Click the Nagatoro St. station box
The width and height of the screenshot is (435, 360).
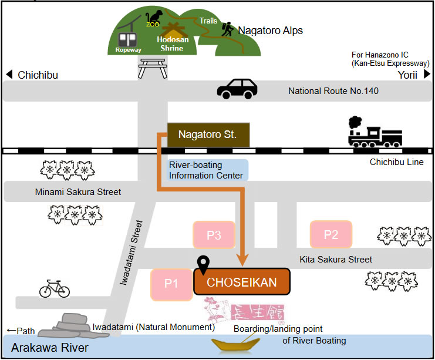[208, 134]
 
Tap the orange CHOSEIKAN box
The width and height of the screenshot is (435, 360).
[242, 282]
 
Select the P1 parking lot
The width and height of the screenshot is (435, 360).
[171, 284]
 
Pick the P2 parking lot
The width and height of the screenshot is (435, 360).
[331, 235]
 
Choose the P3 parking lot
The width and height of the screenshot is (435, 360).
[214, 235]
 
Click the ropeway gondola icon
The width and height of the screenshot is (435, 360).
[127, 39]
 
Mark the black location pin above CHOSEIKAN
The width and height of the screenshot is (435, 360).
[204, 265]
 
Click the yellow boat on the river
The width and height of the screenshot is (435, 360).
[237, 345]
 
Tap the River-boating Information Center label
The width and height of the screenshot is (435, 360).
[206, 170]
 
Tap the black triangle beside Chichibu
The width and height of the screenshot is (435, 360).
[9, 75]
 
